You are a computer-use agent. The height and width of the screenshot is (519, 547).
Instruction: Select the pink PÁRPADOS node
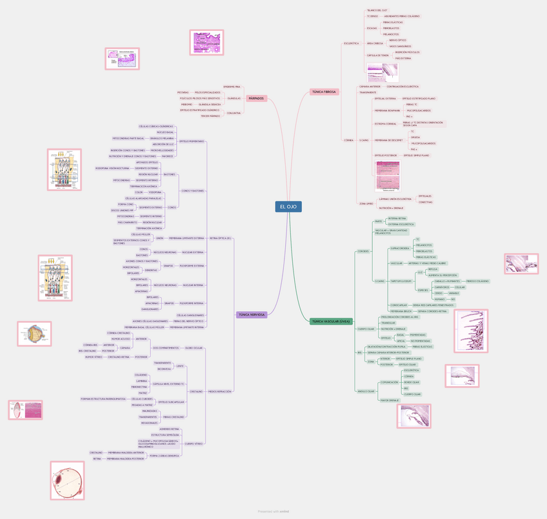256,98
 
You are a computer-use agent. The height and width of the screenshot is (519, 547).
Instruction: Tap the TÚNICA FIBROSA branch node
324,92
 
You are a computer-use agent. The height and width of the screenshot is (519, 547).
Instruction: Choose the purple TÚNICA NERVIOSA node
252,314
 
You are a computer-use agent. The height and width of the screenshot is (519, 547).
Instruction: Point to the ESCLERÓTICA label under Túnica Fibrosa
352,43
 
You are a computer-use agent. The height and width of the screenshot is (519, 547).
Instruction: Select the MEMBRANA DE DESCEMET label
389,140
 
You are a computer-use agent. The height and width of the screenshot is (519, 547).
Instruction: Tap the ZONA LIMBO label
366,203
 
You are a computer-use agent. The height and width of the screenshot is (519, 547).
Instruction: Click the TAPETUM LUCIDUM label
401,281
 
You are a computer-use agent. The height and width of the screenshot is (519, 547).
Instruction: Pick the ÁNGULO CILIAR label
366,391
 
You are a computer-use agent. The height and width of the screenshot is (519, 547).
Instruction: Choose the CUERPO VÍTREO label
194,443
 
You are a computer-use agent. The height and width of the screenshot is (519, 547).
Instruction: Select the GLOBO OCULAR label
194,347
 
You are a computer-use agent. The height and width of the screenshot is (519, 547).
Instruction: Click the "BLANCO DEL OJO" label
377,10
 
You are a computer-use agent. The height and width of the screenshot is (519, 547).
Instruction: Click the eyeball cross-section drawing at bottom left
67,480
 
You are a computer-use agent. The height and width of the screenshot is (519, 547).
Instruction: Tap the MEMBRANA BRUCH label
401,310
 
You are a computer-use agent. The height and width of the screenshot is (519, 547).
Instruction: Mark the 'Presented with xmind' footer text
273,511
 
